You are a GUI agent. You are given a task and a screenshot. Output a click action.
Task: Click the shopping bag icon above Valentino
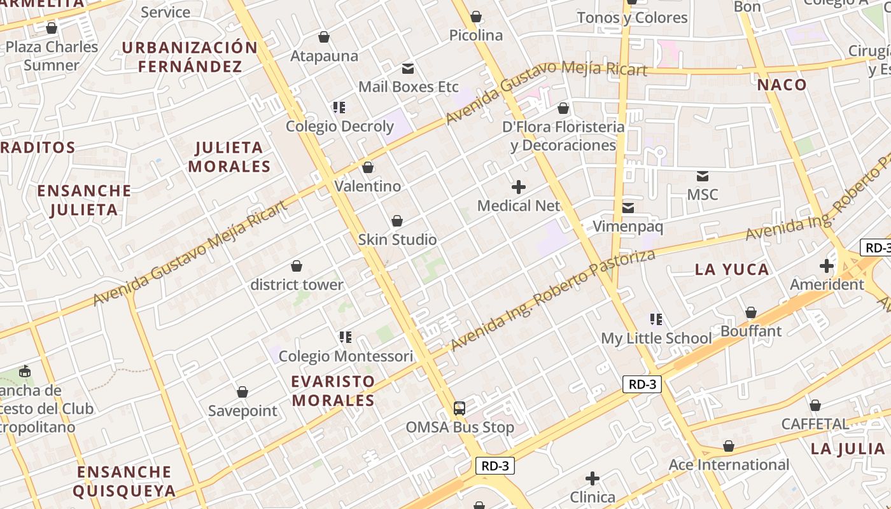[367, 168]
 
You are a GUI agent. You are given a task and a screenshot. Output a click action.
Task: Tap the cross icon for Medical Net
[519, 187]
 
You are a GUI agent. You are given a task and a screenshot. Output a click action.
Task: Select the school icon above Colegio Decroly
[339, 108]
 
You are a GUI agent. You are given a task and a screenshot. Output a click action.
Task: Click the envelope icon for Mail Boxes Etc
[408, 68]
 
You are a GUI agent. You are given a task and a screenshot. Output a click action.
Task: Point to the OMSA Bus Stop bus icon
[460, 408]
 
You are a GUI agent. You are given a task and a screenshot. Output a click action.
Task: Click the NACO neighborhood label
[782, 85]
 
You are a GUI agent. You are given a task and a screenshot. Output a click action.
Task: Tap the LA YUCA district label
[732, 269]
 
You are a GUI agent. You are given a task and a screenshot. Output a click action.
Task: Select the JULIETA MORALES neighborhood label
[230, 157]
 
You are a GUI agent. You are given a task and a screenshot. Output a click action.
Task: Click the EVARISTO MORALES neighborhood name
[333, 391]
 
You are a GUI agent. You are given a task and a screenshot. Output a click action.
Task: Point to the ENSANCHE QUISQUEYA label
[124, 481]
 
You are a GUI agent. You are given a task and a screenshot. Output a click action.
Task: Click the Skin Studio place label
[397, 240]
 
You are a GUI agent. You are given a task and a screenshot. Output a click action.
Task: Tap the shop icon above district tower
[297, 266]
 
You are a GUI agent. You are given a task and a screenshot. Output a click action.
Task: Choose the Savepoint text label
[242, 411]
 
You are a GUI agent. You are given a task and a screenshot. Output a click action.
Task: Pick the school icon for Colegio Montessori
[346, 337]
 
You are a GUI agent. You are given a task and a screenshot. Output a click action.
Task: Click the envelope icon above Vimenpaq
[628, 207]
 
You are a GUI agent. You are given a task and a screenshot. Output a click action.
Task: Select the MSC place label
[703, 195]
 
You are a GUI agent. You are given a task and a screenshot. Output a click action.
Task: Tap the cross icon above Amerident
[827, 266]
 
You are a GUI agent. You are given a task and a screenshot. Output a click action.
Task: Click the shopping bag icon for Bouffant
[751, 312]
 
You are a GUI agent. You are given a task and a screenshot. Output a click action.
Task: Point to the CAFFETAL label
[815, 424]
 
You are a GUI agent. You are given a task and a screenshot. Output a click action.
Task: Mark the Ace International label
[729, 465]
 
